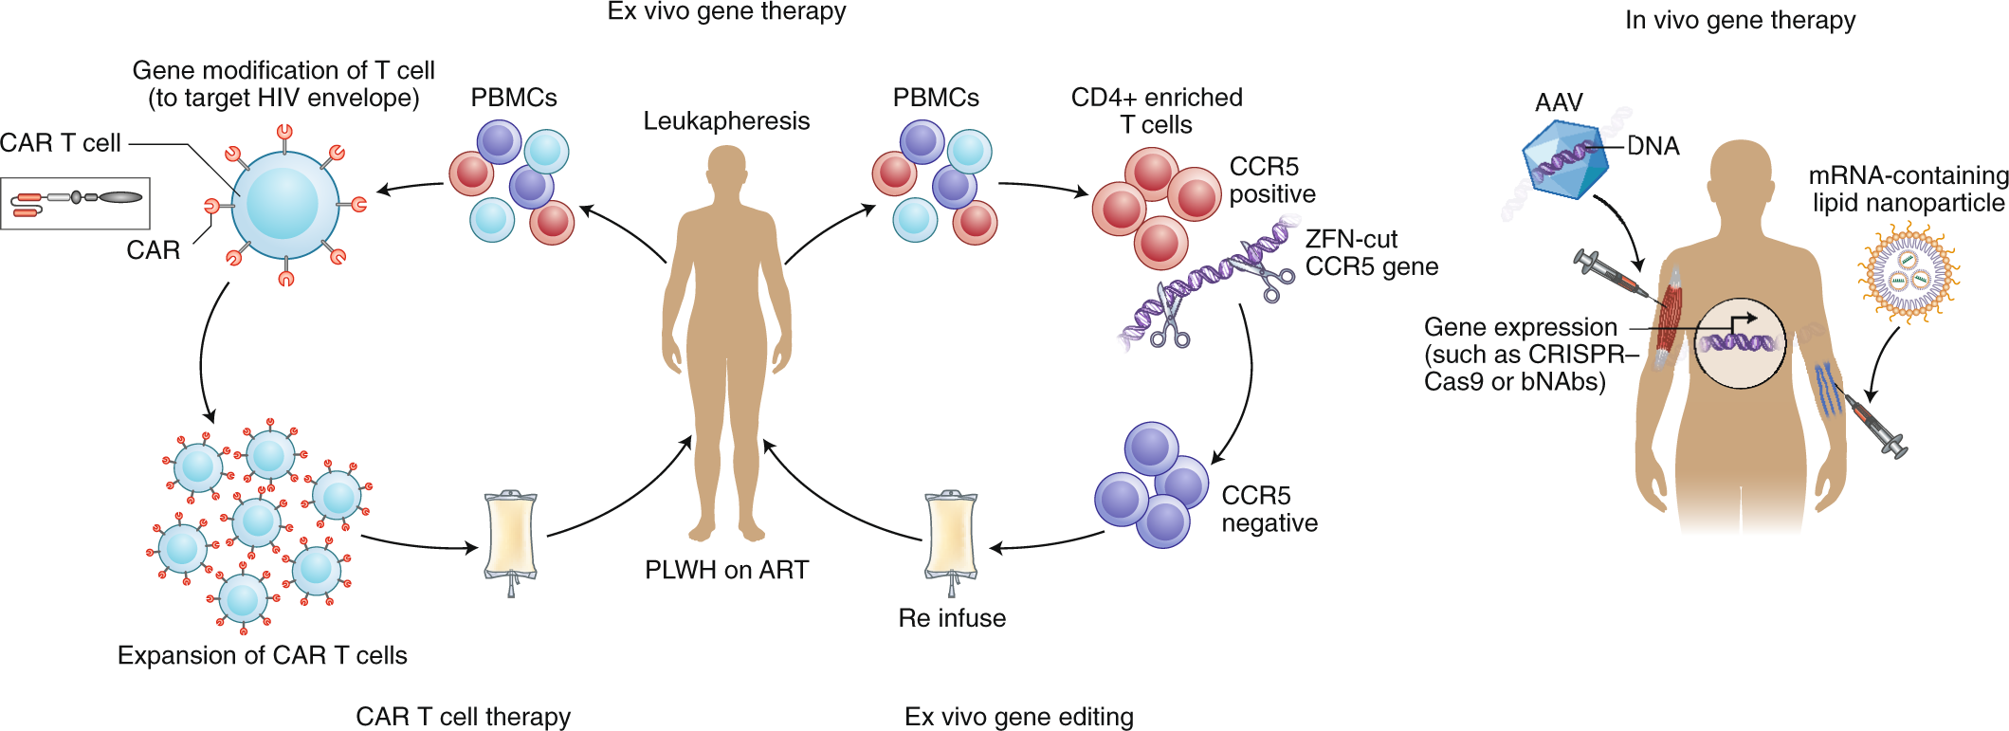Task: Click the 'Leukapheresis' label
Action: pos(726,121)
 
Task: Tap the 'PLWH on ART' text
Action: pos(726,570)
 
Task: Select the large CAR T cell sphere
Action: pos(284,205)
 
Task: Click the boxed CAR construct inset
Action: pos(76,202)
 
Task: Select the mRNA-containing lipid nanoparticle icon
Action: pos(1908,274)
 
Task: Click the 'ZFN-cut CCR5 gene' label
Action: pos(1371,253)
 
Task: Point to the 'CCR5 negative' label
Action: pos(1269,509)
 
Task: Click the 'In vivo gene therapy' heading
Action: pos(1740,20)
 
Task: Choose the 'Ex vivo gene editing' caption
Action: pos(1018,717)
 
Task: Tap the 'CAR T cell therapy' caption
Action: pos(463,717)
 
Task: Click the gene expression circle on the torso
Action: pos(1739,343)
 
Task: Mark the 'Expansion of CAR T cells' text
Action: pos(262,655)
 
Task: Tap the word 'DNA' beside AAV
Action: pos(1653,146)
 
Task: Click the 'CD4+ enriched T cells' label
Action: pos(1156,111)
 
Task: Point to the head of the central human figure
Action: pos(726,169)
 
